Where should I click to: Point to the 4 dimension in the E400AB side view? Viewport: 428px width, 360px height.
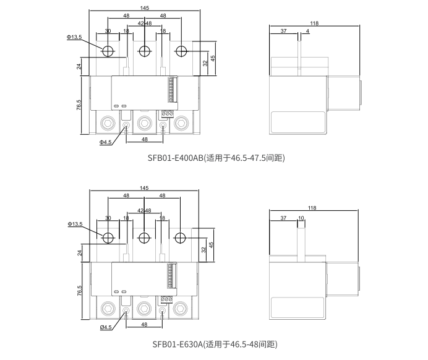coord(307,31)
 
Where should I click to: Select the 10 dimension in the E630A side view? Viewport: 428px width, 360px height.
coord(301,218)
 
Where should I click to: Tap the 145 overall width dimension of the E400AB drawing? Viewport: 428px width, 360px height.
coord(144,8)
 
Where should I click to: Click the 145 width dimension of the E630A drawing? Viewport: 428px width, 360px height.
coord(144,188)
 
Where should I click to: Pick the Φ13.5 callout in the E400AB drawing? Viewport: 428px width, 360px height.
coord(74,37)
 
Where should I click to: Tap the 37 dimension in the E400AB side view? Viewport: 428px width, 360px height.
coord(283,31)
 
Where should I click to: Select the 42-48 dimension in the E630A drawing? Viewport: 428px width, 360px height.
coord(144,211)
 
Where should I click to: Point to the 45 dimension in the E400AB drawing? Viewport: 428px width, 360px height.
coord(213,58)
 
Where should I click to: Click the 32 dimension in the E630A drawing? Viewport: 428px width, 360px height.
coord(204,250)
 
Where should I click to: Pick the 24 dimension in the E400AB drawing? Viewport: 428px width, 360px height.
coord(80,66)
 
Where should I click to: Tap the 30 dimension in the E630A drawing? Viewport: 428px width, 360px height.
coord(108,218)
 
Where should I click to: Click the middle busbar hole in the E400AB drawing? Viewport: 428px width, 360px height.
coord(144,51)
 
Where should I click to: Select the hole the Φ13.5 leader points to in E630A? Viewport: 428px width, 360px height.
coord(108,238)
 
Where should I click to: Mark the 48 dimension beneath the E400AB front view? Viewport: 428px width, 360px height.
coord(144,140)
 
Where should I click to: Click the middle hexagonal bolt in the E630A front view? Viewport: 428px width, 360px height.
coord(144,308)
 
